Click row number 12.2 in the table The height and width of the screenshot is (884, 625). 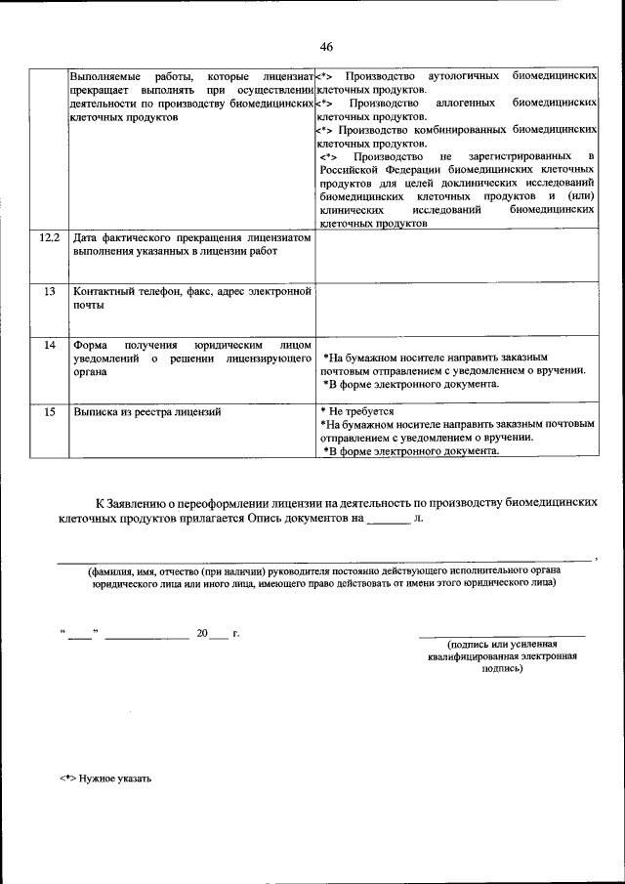(x=49, y=237)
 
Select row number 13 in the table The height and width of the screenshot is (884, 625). (x=49, y=291)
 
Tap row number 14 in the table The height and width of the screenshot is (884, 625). (x=49, y=345)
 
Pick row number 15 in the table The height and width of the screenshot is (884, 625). (x=49, y=412)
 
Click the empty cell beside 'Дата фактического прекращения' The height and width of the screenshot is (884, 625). (x=456, y=255)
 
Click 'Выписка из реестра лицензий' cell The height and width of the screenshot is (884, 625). (x=147, y=412)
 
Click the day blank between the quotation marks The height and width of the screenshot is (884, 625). (x=79, y=636)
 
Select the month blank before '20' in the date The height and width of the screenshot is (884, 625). (x=146, y=636)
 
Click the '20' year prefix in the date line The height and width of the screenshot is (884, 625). (x=202, y=634)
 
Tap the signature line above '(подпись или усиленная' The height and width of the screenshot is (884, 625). (x=502, y=636)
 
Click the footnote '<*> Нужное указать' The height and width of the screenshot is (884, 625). (x=105, y=779)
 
